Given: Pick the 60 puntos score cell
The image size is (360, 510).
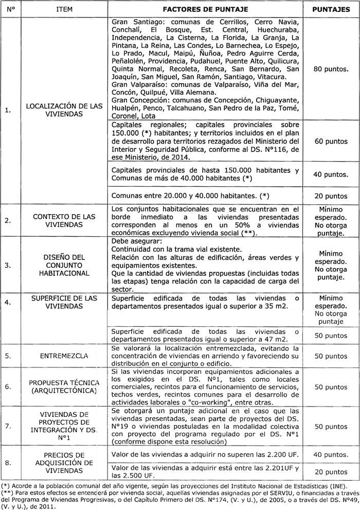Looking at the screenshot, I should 332,140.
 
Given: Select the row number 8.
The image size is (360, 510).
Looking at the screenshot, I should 8,463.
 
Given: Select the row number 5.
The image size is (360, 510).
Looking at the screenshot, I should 8,356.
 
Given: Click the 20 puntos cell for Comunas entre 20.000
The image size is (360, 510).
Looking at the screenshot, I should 332,196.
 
